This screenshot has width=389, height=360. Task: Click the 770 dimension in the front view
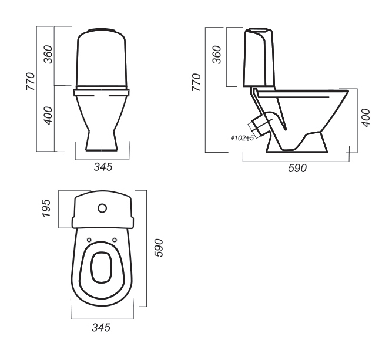pyautogui.click(x=31, y=81)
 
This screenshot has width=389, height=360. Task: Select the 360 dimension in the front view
pyautogui.click(x=48, y=54)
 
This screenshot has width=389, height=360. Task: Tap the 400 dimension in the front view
pyautogui.click(x=48, y=116)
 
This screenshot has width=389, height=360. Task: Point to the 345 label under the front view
pyautogui.click(x=103, y=167)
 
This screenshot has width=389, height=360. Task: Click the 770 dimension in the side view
pyautogui.click(x=196, y=82)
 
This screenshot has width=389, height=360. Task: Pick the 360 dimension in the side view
pyautogui.click(x=217, y=55)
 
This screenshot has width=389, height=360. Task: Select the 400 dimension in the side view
pyautogui.click(x=366, y=118)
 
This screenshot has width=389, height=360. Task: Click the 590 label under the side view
pyautogui.click(x=297, y=168)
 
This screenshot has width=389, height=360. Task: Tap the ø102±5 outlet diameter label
pyautogui.click(x=242, y=138)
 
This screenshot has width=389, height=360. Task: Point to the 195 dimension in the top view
pyautogui.click(x=46, y=208)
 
